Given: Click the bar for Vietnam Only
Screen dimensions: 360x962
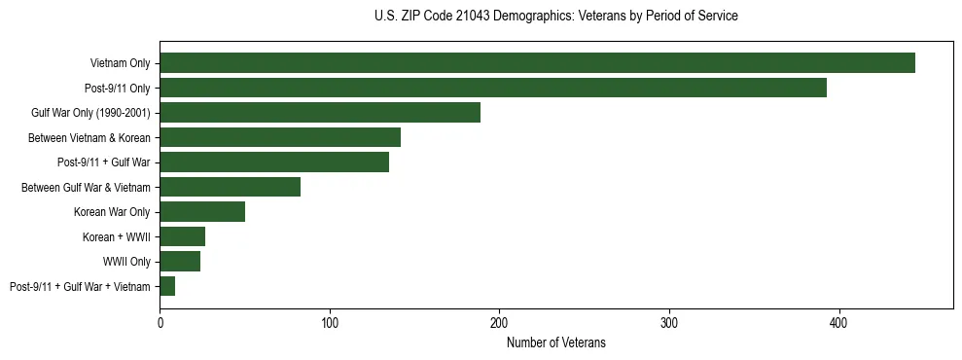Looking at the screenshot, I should coord(537,63).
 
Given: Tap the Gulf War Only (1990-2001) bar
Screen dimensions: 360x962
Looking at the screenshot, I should coord(320,113).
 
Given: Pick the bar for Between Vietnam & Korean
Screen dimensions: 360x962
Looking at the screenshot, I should coord(280,137).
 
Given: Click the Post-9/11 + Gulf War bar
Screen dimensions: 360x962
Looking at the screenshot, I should coord(274,162).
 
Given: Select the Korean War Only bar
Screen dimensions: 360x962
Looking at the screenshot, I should coord(202,212).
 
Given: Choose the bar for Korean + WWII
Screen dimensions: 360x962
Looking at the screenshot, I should coord(183,236).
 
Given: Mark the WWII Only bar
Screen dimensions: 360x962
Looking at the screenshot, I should coord(180,262).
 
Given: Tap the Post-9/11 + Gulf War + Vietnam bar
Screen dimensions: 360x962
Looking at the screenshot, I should coord(167,286).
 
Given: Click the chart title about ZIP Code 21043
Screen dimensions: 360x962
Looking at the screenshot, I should coord(555,17).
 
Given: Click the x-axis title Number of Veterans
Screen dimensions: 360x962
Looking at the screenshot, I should coord(555,342).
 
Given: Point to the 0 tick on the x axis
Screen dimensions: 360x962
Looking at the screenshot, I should coord(160,322).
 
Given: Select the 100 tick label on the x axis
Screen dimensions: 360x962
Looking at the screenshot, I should coord(330,322).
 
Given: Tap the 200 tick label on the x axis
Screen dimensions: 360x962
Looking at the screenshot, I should coord(499,322).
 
